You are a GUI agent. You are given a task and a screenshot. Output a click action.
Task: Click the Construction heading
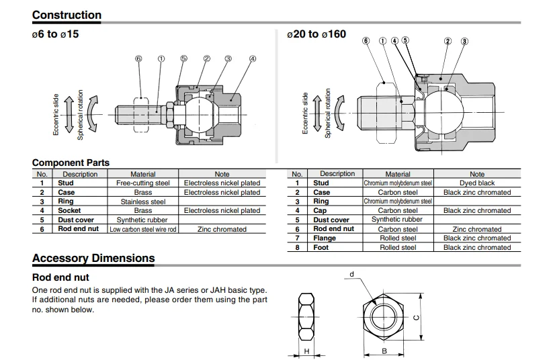[x=67, y=15]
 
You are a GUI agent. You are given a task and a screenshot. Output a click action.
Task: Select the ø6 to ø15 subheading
[x=55, y=34]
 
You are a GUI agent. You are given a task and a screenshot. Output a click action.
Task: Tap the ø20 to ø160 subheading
[x=316, y=34]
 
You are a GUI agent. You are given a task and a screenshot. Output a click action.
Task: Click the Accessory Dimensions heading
[x=93, y=259]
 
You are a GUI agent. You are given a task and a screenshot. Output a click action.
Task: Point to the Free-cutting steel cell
[x=143, y=183]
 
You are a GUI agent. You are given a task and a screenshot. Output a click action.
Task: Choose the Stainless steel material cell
[x=143, y=201]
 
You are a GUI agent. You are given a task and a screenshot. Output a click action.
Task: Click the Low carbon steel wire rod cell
[x=143, y=229]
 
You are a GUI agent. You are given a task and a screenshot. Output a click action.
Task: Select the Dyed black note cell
[x=476, y=183]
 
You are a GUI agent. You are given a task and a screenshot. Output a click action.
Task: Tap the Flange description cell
[x=325, y=238]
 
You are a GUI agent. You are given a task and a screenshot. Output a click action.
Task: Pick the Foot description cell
[x=321, y=248]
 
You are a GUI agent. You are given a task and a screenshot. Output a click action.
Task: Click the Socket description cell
[x=69, y=211]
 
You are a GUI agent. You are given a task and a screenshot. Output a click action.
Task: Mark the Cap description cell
[x=321, y=211]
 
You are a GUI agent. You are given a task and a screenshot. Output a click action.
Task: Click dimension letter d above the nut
[x=351, y=275]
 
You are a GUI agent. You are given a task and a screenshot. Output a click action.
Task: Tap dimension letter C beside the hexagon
[x=417, y=318]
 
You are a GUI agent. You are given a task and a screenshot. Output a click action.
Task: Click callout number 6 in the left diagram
[x=138, y=59]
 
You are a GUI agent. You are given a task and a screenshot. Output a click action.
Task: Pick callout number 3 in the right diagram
[x=464, y=42]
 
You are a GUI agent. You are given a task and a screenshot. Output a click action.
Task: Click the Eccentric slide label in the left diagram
[x=56, y=114]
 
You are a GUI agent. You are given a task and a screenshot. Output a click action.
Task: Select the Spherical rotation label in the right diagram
[x=328, y=114]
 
